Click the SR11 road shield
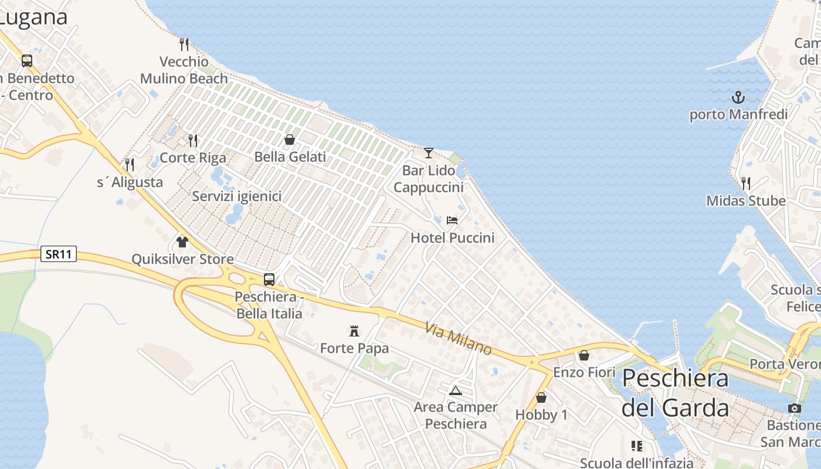(59, 254)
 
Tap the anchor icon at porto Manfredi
(738, 97)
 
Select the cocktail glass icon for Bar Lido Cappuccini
(429, 153)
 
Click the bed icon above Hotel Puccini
(452, 220)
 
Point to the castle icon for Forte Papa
(354, 331)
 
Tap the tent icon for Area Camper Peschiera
(456, 390)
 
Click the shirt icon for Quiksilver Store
(182, 242)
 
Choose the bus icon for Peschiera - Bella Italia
(269, 280)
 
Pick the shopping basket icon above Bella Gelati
(290, 140)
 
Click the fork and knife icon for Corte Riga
(193, 141)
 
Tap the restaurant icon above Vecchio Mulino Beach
(184, 44)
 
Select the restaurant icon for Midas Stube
(746, 183)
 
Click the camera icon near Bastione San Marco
(795, 408)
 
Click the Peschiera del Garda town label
(675, 393)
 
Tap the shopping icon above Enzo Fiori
(584, 355)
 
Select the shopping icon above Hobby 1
(541, 397)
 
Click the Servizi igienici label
(237, 196)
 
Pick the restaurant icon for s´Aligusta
(130, 165)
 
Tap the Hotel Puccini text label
(452, 237)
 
